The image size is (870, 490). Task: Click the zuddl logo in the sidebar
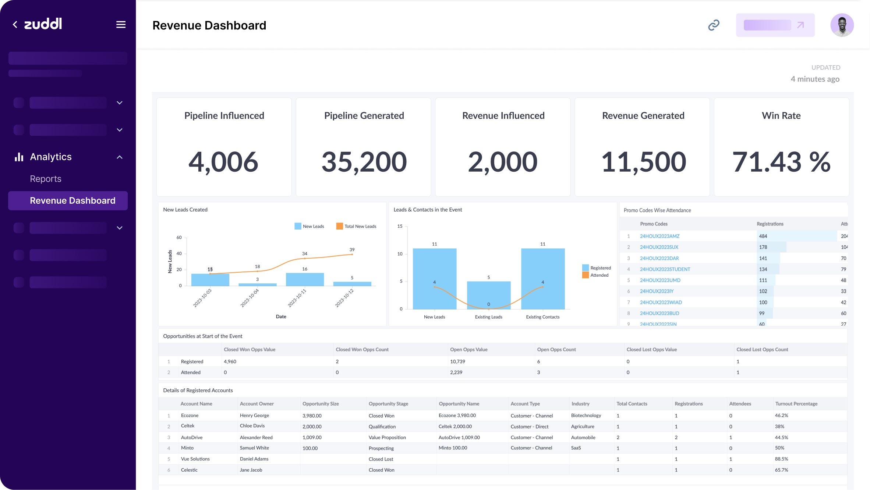point(43,24)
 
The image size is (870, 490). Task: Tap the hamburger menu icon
point(121,25)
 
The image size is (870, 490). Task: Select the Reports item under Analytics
point(46,179)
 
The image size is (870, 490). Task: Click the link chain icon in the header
point(714,25)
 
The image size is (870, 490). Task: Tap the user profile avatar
point(842,25)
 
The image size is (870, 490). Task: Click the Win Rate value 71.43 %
point(781,162)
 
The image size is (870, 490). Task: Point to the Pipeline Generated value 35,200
point(364,162)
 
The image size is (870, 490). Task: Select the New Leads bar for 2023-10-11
point(305,279)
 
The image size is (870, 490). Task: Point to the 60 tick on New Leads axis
point(179,238)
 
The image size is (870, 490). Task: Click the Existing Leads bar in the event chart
point(488,295)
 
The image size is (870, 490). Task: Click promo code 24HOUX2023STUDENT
point(665,269)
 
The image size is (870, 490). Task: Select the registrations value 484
point(763,236)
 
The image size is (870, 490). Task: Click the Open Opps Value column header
point(468,350)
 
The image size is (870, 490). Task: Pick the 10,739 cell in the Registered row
point(457,361)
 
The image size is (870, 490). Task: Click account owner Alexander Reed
point(256,437)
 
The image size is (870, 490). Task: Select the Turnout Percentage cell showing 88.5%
point(781,459)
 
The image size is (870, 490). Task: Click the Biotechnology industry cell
point(586,416)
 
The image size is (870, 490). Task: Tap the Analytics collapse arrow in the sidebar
point(120,157)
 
